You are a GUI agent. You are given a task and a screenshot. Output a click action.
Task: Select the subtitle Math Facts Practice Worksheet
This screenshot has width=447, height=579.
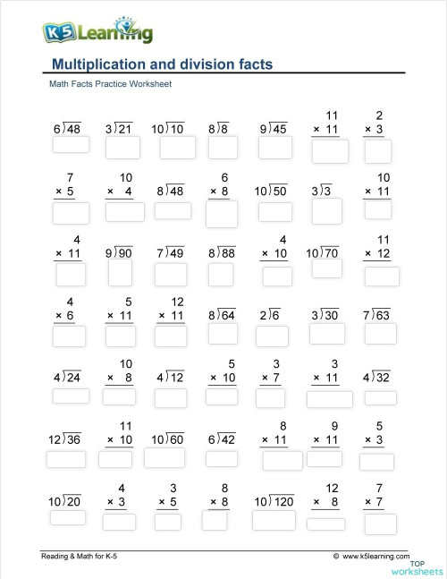(x=110, y=84)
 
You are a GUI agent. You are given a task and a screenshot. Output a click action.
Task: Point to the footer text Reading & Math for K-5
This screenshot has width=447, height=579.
(x=80, y=557)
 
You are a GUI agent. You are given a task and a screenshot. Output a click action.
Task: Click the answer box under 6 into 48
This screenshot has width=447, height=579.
(x=70, y=148)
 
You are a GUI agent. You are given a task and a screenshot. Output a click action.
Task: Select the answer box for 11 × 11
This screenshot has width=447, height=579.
(x=330, y=151)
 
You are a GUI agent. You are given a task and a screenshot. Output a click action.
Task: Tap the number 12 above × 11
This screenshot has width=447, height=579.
(x=178, y=302)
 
